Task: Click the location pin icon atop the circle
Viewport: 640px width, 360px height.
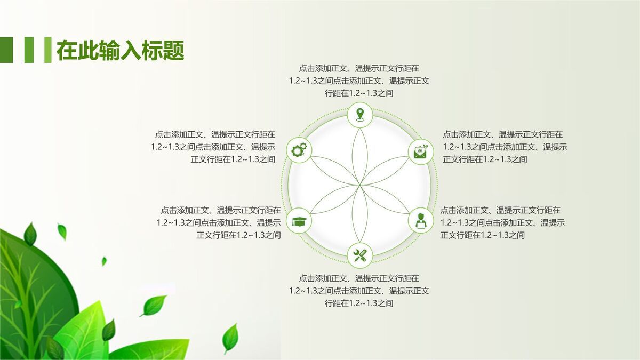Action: (360, 114)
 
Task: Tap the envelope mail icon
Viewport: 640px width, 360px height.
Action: (421, 151)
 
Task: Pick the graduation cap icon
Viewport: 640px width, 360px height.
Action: (299, 221)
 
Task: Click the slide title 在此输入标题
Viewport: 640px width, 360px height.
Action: (120, 51)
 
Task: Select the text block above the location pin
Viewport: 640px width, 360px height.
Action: (359, 81)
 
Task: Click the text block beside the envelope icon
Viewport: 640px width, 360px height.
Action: (505, 147)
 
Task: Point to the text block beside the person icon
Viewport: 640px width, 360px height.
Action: (502, 222)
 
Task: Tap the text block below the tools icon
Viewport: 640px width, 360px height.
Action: (359, 291)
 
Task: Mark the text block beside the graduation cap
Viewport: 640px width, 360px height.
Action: (219, 222)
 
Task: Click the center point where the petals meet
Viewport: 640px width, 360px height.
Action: (360, 185)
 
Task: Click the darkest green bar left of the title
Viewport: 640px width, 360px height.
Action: (6, 50)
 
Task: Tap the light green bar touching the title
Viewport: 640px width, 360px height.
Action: (47, 50)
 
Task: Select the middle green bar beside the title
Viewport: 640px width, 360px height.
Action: (29, 50)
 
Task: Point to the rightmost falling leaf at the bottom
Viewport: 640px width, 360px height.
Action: (230, 337)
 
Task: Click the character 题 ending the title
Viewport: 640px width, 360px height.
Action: (173, 51)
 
